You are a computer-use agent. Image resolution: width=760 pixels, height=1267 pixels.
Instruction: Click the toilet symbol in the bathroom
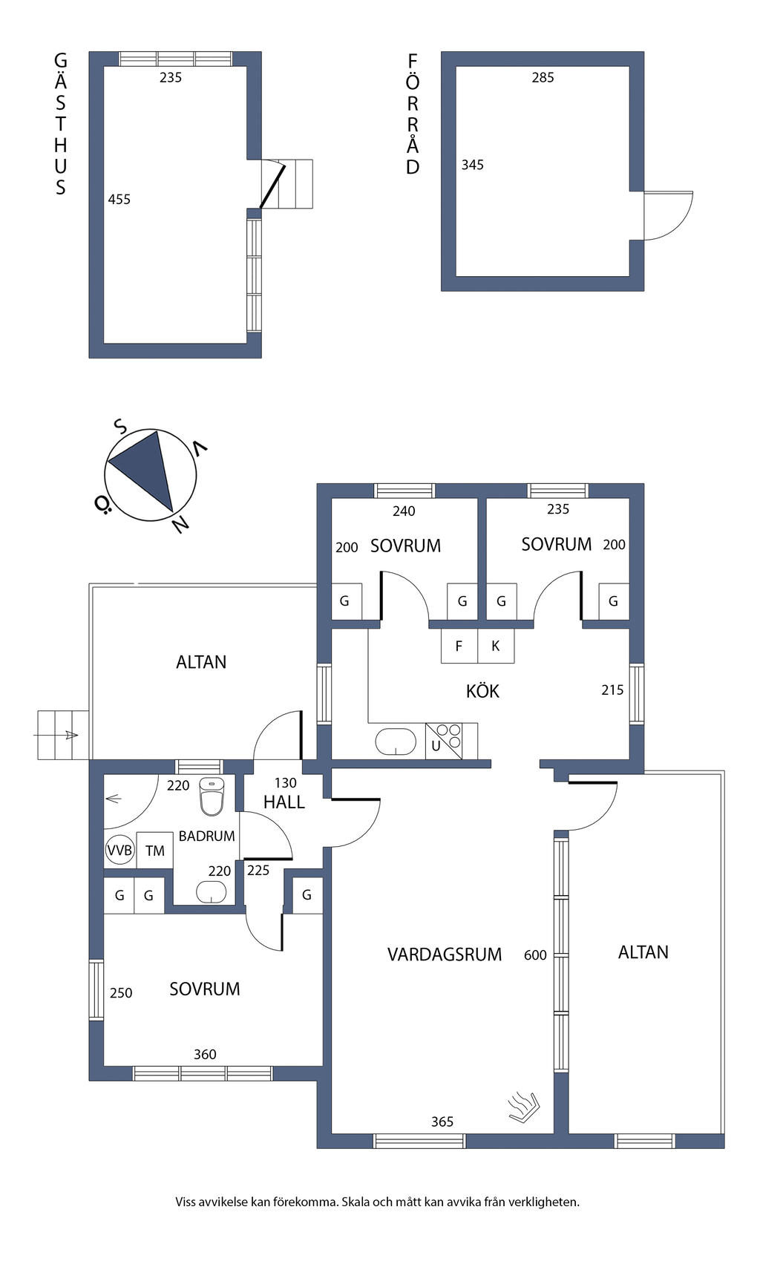[x=212, y=797]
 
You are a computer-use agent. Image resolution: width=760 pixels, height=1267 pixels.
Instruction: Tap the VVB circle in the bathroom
[x=119, y=851]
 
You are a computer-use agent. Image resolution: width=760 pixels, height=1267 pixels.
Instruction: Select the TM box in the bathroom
[x=154, y=851]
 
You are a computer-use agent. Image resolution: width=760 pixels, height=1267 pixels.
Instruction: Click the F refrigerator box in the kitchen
[x=459, y=646]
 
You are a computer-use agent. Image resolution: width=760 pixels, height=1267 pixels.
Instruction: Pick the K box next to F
[x=496, y=646]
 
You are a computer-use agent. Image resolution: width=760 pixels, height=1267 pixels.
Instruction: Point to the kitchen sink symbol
[x=396, y=741]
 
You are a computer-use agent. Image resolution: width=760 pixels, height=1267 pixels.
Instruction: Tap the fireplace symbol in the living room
[x=523, y=1107]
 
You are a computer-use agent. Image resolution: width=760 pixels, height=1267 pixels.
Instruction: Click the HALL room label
[x=284, y=802]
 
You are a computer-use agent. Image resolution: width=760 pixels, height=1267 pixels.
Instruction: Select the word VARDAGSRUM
[x=445, y=955]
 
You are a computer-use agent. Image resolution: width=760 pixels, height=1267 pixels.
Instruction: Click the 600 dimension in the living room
[x=535, y=955]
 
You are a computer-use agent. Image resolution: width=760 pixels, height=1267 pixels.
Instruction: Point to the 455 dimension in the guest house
[x=119, y=199]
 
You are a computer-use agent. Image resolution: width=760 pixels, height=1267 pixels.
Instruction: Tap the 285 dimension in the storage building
[x=543, y=77]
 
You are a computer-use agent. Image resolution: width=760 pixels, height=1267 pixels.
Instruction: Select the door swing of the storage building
[x=666, y=215]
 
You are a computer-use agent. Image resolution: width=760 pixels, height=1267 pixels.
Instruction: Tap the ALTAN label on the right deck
[x=643, y=952]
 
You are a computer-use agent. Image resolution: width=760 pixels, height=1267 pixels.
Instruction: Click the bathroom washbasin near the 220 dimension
[x=212, y=892]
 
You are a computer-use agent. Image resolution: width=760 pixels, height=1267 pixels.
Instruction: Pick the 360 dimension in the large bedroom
[x=205, y=1054]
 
